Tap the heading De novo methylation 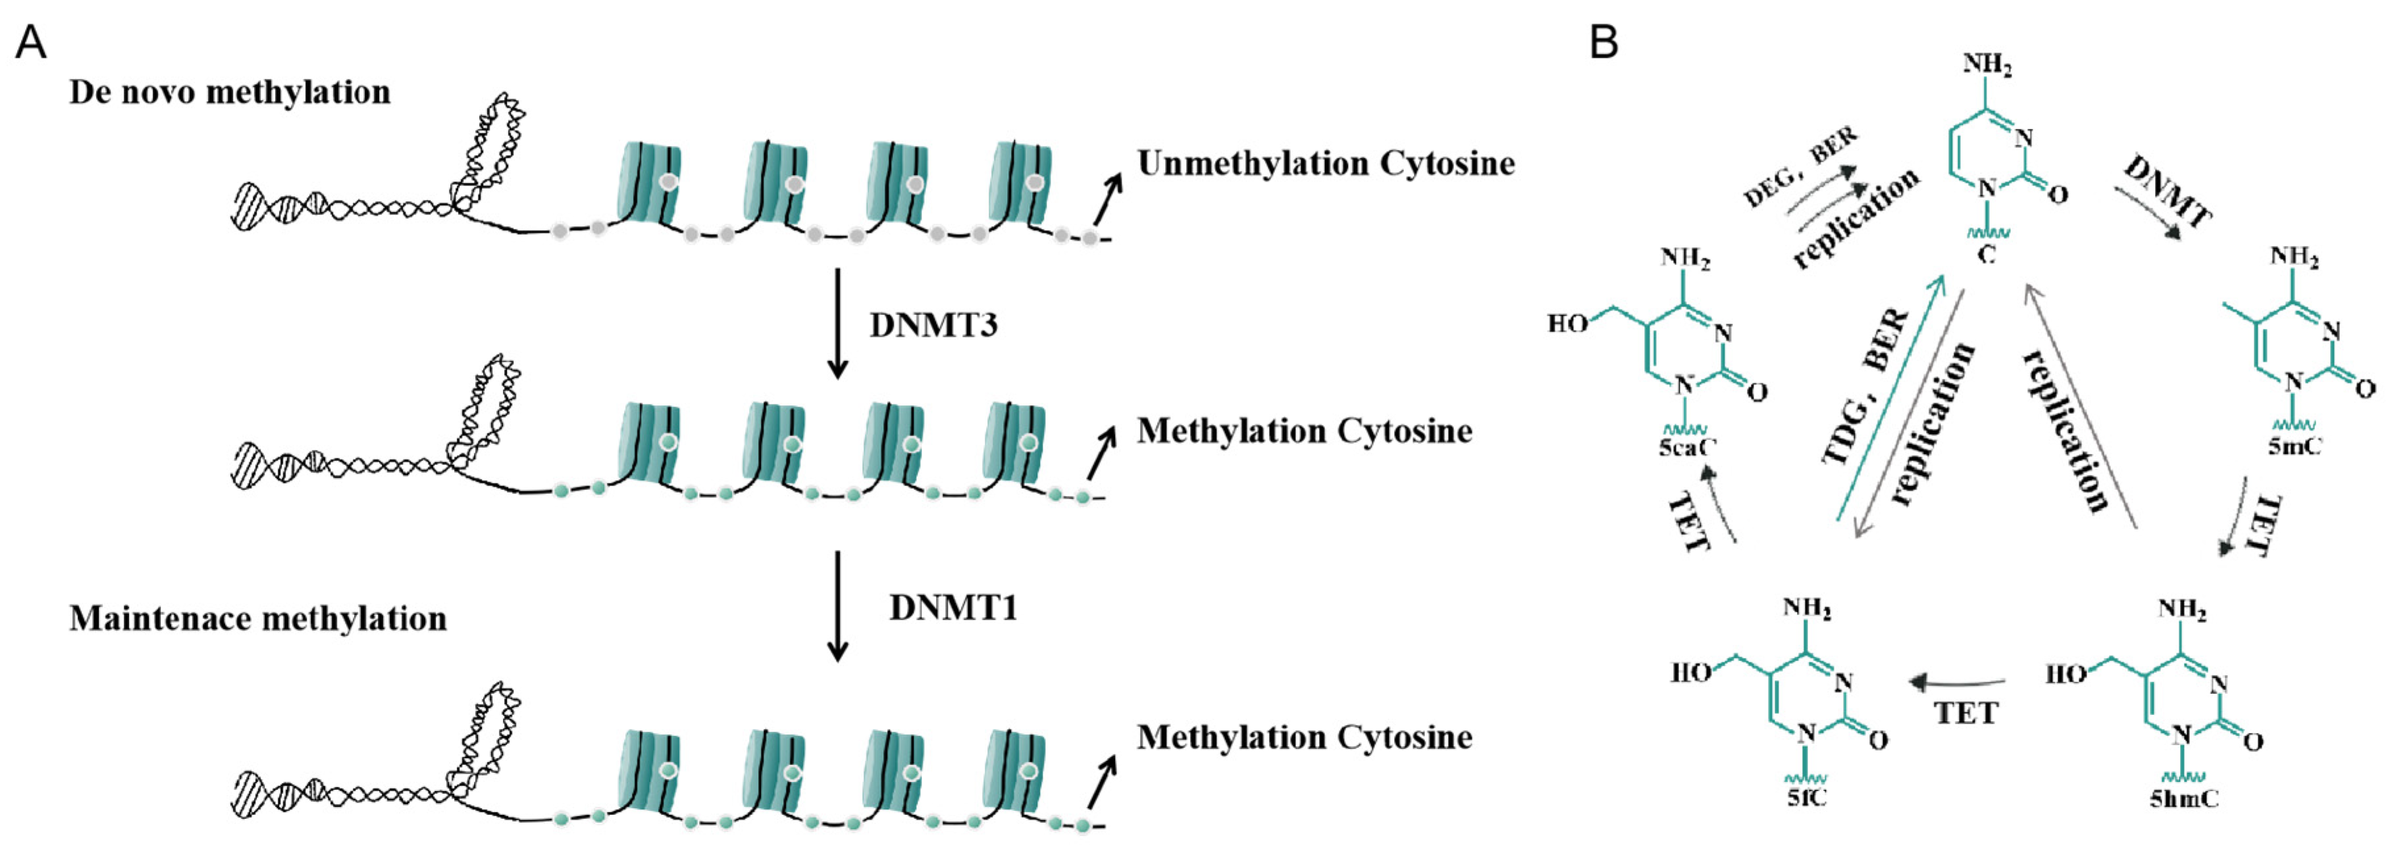(229, 93)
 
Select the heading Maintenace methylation (258, 618)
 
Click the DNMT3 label (933, 326)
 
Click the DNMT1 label (953, 608)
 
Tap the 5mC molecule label (2295, 446)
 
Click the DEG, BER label (1800, 167)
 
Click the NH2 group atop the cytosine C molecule (1987, 66)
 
